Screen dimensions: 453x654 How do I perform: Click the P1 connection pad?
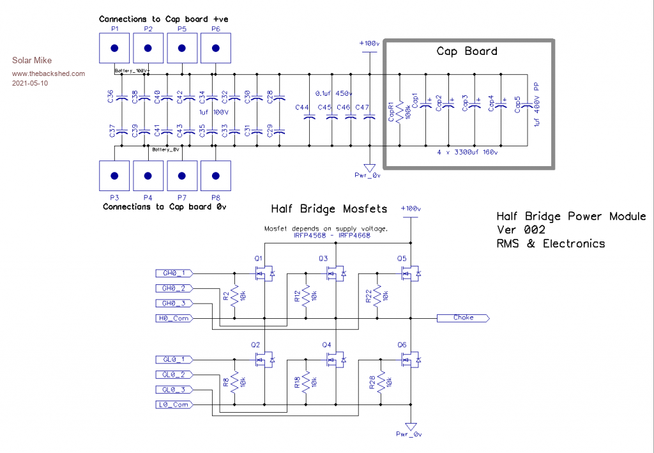point(114,48)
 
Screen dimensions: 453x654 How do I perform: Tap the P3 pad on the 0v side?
point(114,176)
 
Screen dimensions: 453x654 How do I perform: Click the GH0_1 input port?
point(174,273)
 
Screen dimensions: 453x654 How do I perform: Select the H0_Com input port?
point(174,318)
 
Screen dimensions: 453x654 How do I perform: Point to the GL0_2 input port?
point(174,374)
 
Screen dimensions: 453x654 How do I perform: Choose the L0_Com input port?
point(174,404)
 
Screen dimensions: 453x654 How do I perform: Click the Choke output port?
point(463,318)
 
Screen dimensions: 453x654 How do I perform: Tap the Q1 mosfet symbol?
point(263,274)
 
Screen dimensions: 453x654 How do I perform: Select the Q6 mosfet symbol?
point(409,361)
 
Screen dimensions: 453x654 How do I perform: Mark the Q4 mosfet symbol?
point(335,361)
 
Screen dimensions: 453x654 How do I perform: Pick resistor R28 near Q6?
point(381,383)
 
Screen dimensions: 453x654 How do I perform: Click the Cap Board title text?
point(466,52)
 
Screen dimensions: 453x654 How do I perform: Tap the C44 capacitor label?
point(302,107)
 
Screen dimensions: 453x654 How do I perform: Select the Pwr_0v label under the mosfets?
point(410,434)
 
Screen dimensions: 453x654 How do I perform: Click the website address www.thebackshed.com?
point(49,73)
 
